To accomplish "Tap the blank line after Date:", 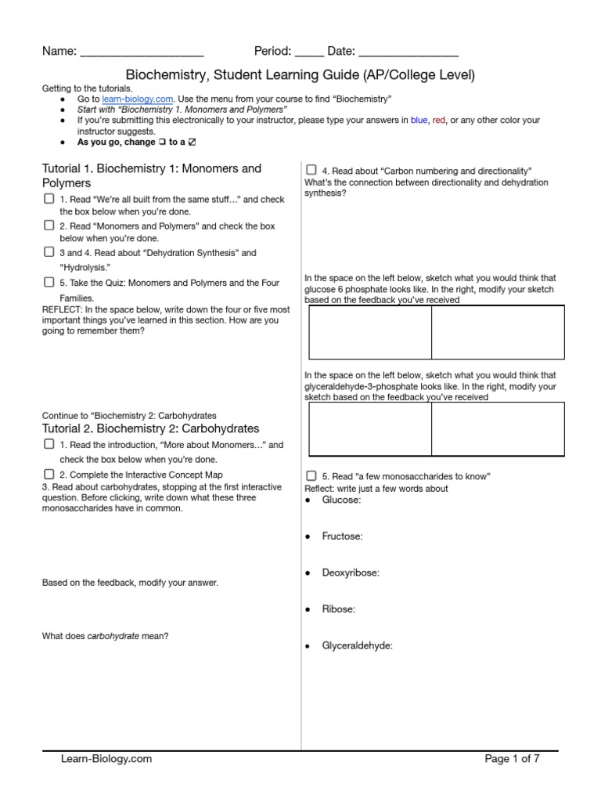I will click(408, 52).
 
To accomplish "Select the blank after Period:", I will click(309, 52).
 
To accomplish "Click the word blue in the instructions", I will click(419, 121).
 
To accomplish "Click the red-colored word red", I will click(439, 121).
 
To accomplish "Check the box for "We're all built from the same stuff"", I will click(49, 200).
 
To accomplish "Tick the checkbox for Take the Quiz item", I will click(49, 282).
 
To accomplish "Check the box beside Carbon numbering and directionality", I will click(311, 170).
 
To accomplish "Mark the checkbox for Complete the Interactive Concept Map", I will click(49, 474).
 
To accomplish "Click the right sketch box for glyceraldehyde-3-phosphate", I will click(498, 428).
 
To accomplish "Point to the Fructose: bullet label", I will click(342, 536).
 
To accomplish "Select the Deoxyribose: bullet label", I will click(350, 573).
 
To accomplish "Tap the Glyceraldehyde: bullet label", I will click(357, 645).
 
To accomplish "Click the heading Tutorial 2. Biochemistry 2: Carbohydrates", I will click(150, 428).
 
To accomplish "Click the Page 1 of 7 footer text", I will click(512, 758).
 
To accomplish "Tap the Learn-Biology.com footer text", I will click(106, 758).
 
